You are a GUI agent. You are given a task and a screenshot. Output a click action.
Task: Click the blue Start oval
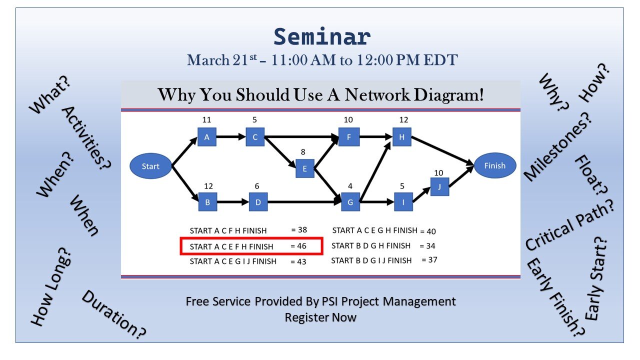pyautogui.click(x=150, y=166)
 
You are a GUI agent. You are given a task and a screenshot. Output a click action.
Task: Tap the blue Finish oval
pyautogui.click(x=494, y=166)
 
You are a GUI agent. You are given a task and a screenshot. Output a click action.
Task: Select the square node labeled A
pyautogui.click(x=206, y=137)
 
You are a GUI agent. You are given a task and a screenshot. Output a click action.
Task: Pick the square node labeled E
pyautogui.click(x=305, y=169)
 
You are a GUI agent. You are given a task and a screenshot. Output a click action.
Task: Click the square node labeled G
pyautogui.click(x=350, y=202)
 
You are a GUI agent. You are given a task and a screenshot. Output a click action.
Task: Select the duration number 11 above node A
pyautogui.click(x=206, y=120)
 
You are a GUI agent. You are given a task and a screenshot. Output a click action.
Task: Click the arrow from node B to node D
pyautogui.click(x=232, y=202)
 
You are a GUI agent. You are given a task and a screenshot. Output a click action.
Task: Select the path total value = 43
pyautogui.click(x=298, y=261)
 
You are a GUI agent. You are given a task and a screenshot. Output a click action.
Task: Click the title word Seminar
pyautogui.click(x=322, y=37)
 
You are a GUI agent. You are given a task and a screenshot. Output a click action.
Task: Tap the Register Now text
pyautogui.click(x=320, y=317)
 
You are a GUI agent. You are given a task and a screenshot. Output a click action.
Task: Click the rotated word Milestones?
pyautogui.click(x=557, y=145)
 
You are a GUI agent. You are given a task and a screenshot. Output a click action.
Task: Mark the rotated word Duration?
pyautogui.click(x=113, y=313)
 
